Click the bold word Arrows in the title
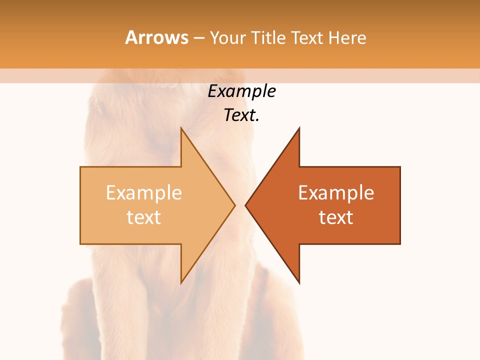(156, 37)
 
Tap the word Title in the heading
(268, 37)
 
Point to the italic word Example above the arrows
(242, 91)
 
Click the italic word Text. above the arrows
(242, 115)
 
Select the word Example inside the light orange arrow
(144, 193)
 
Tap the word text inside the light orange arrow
(144, 217)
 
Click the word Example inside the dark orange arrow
(336, 193)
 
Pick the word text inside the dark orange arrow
(336, 217)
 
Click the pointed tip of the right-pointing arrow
(234, 205)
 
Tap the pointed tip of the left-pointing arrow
(246, 205)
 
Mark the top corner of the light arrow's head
(181, 128)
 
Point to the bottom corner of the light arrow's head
(181, 283)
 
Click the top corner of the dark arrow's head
(299, 128)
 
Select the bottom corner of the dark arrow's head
(299, 283)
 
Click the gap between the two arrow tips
(240, 205)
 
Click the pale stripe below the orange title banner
(240, 75)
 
